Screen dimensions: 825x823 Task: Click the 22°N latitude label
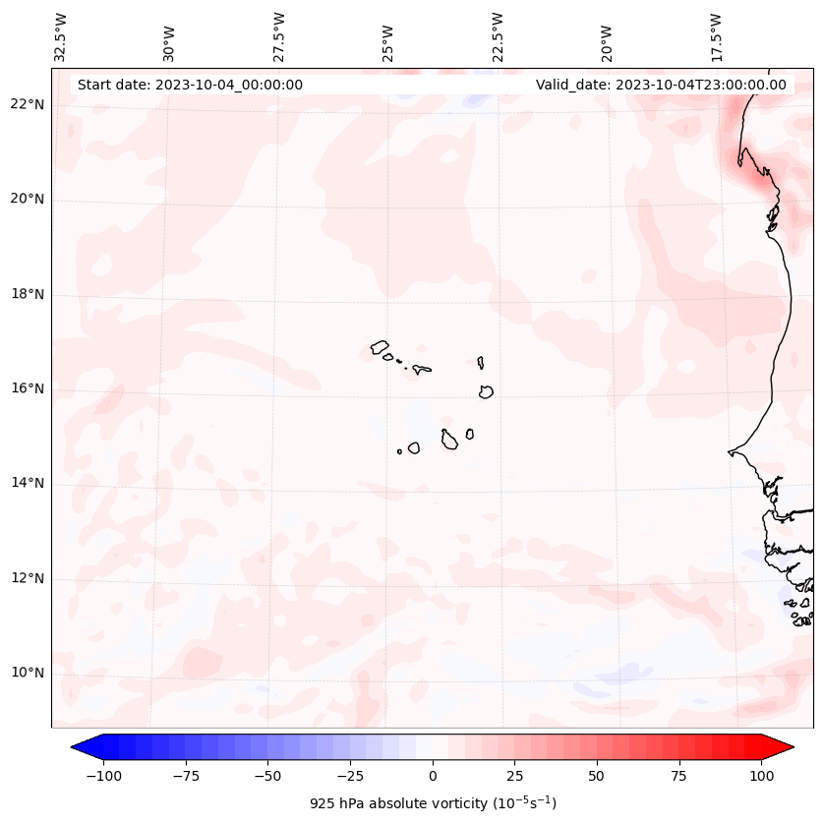point(28,104)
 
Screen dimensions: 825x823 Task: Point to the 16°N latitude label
point(28,388)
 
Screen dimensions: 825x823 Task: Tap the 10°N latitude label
point(28,674)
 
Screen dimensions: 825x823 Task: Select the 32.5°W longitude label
point(61,37)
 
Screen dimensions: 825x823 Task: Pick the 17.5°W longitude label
point(717,37)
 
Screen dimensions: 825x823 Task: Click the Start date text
point(190,85)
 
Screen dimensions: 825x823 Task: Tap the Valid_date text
point(661,85)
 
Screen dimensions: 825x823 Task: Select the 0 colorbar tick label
point(433,776)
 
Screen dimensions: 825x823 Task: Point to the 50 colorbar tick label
point(596,776)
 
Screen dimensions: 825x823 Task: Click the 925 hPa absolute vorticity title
point(433,803)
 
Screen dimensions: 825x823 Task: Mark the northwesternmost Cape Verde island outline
point(380,346)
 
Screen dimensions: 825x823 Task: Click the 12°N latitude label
point(28,578)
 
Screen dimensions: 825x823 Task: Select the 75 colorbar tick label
point(677,776)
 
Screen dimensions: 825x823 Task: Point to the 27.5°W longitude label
point(279,37)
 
